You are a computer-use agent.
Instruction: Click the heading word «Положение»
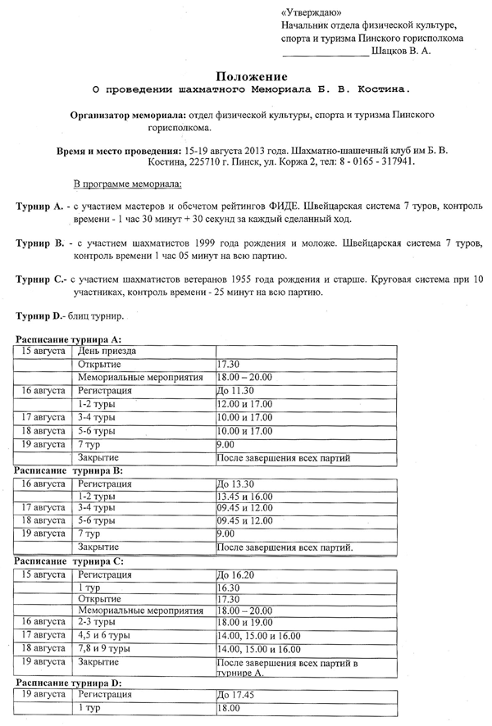pos(245,75)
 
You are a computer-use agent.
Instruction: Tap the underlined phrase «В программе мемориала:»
pos(127,183)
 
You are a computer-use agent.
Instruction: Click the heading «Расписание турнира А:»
pos(69,338)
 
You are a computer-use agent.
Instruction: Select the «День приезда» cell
pos(107,351)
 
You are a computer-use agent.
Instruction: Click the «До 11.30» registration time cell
pos(236,391)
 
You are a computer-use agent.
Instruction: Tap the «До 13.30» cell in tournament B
pos(236,483)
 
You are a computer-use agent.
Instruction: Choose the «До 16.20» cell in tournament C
pos(236,575)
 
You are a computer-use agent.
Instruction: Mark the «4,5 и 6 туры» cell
pos(107,634)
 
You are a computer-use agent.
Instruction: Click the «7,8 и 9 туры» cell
pos(107,647)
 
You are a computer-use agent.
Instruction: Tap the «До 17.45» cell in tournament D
pos(236,695)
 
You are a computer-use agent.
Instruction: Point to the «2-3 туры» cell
pos(98,621)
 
